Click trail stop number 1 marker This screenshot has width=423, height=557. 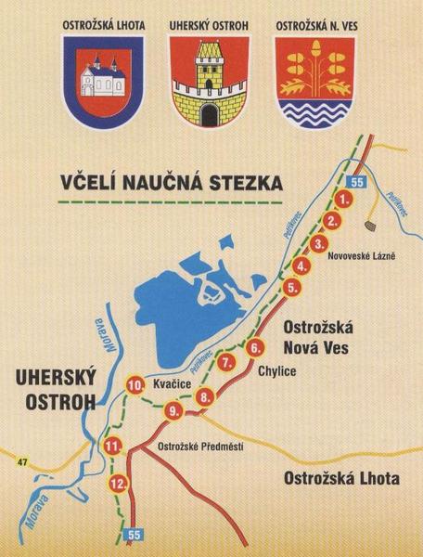coord(344,199)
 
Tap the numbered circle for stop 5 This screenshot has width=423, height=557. coord(292,288)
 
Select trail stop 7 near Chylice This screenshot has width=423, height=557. coord(227,363)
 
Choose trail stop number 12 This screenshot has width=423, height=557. coord(118,484)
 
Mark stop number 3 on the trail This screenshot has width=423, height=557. coord(318,244)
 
